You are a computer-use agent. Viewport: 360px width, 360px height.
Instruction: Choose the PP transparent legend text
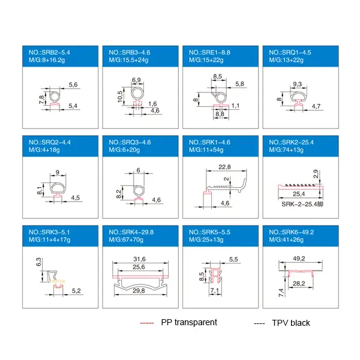(x=189, y=322)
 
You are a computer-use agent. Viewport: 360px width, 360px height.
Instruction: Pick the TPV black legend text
(x=290, y=323)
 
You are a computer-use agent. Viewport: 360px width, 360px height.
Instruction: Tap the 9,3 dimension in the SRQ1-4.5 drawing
(x=297, y=83)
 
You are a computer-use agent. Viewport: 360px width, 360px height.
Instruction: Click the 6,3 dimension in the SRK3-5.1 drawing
(x=38, y=262)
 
